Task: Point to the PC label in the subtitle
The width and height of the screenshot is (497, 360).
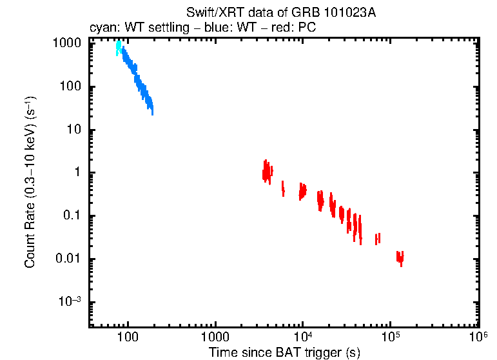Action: [307, 28]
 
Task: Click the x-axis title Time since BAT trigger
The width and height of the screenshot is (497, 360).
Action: [284, 352]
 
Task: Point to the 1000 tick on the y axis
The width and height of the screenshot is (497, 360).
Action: [66, 43]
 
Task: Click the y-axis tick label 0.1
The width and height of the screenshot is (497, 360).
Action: [71, 216]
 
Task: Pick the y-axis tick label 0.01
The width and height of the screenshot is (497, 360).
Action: [68, 259]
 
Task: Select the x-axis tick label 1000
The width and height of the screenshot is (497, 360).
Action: [215, 337]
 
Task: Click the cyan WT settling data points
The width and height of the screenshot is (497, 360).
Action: [118, 48]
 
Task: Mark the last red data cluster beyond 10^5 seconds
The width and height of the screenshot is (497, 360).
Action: [400, 258]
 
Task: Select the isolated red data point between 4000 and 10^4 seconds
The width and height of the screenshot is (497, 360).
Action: [283, 189]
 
